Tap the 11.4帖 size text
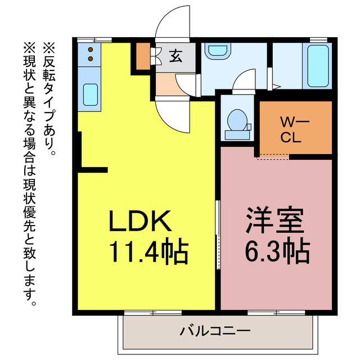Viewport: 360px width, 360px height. [x=148, y=253]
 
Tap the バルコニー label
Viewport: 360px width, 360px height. [x=215, y=331]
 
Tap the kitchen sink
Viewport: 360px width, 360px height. [x=90, y=94]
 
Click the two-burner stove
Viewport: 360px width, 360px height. [x=89, y=55]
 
